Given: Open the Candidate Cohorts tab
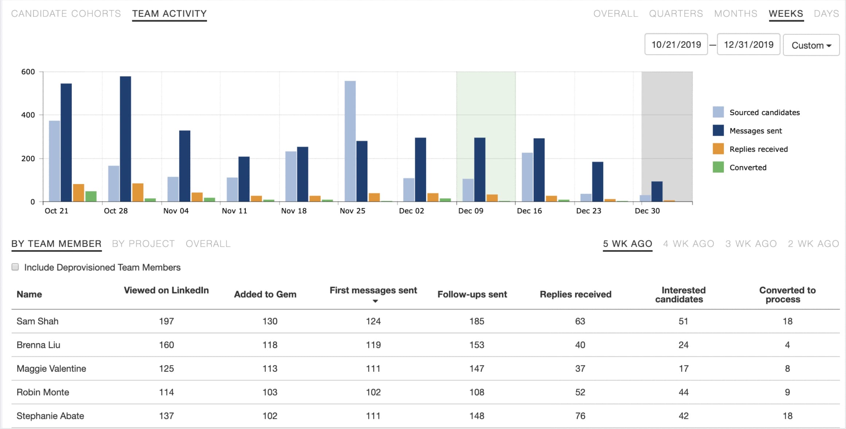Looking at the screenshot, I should coord(66,14).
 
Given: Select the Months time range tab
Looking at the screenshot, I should coord(735,14).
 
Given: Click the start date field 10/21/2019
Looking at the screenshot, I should coord(676,45).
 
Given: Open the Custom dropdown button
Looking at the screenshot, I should coord(811,45).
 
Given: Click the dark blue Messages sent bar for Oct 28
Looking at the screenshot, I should coord(125,139).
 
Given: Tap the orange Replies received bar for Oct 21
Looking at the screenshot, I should coord(78,193).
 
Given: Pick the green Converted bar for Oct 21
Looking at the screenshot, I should coord(91,196).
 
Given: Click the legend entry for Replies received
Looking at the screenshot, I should coord(758,149).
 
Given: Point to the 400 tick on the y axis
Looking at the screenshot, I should coord(28,115).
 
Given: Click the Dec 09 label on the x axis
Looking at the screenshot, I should coord(470,211).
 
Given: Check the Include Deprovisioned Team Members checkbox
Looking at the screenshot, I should coord(15,267).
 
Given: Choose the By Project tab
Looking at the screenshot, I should coord(143,244).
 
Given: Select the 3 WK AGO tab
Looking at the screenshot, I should coord(751,244).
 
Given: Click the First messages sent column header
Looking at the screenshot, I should coord(373,291).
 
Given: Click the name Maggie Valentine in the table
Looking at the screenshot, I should coord(51,368).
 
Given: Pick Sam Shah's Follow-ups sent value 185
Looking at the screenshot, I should coord(476,321).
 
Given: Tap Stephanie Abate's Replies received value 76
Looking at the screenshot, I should coord(580,416).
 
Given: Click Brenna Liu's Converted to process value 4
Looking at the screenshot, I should coord(787,345).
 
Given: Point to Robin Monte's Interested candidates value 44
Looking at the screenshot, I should coord(683,392).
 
